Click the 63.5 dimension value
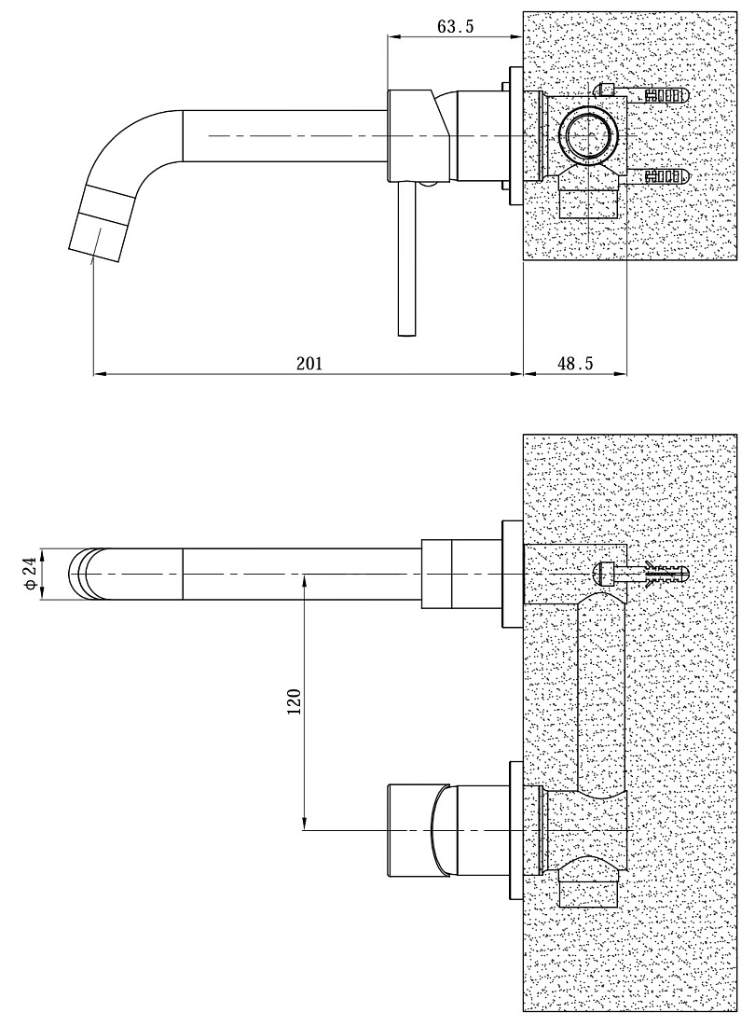click(x=455, y=26)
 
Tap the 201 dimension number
click(x=309, y=363)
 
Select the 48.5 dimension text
click(x=574, y=363)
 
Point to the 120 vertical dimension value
click(x=294, y=701)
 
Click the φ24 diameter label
click(x=30, y=574)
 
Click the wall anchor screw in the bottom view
click(x=640, y=574)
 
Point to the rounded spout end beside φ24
click(x=84, y=574)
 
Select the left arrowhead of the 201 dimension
click(x=100, y=374)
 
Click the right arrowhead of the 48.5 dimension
click(x=621, y=374)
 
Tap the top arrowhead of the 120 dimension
click(x=304, y=580)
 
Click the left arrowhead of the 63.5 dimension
click(x=395, y=36)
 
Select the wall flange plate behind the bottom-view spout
click(x=512, y=574)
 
